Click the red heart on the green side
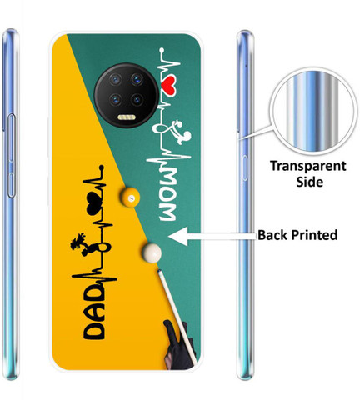pyautogui.click(x=169, y=85)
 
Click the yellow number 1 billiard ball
pyautogui.click(x=130, y=197)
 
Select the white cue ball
pyautogui.click(x=152, y=252)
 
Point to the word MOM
pyautogui.click(x=167, y=193)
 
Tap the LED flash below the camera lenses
pyautogui.click(x=127, y=117)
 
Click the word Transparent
pyautogui.click(x=308, y=167)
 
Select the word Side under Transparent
pyautogui.click(x=309, y=182)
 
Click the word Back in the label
pyautogui.click(x=272, y=235)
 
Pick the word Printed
pyautogui.click(x=314, y=235)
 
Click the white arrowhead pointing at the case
pyautogui.click(x=178, y=237)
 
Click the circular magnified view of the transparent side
pyautogui.click(x=313, y=111)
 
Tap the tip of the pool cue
pyautogui.click(x=159, y=272)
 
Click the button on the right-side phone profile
pyautogui.click(x=245, y=168)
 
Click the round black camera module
pyautogui.click(x=127, y=96)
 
